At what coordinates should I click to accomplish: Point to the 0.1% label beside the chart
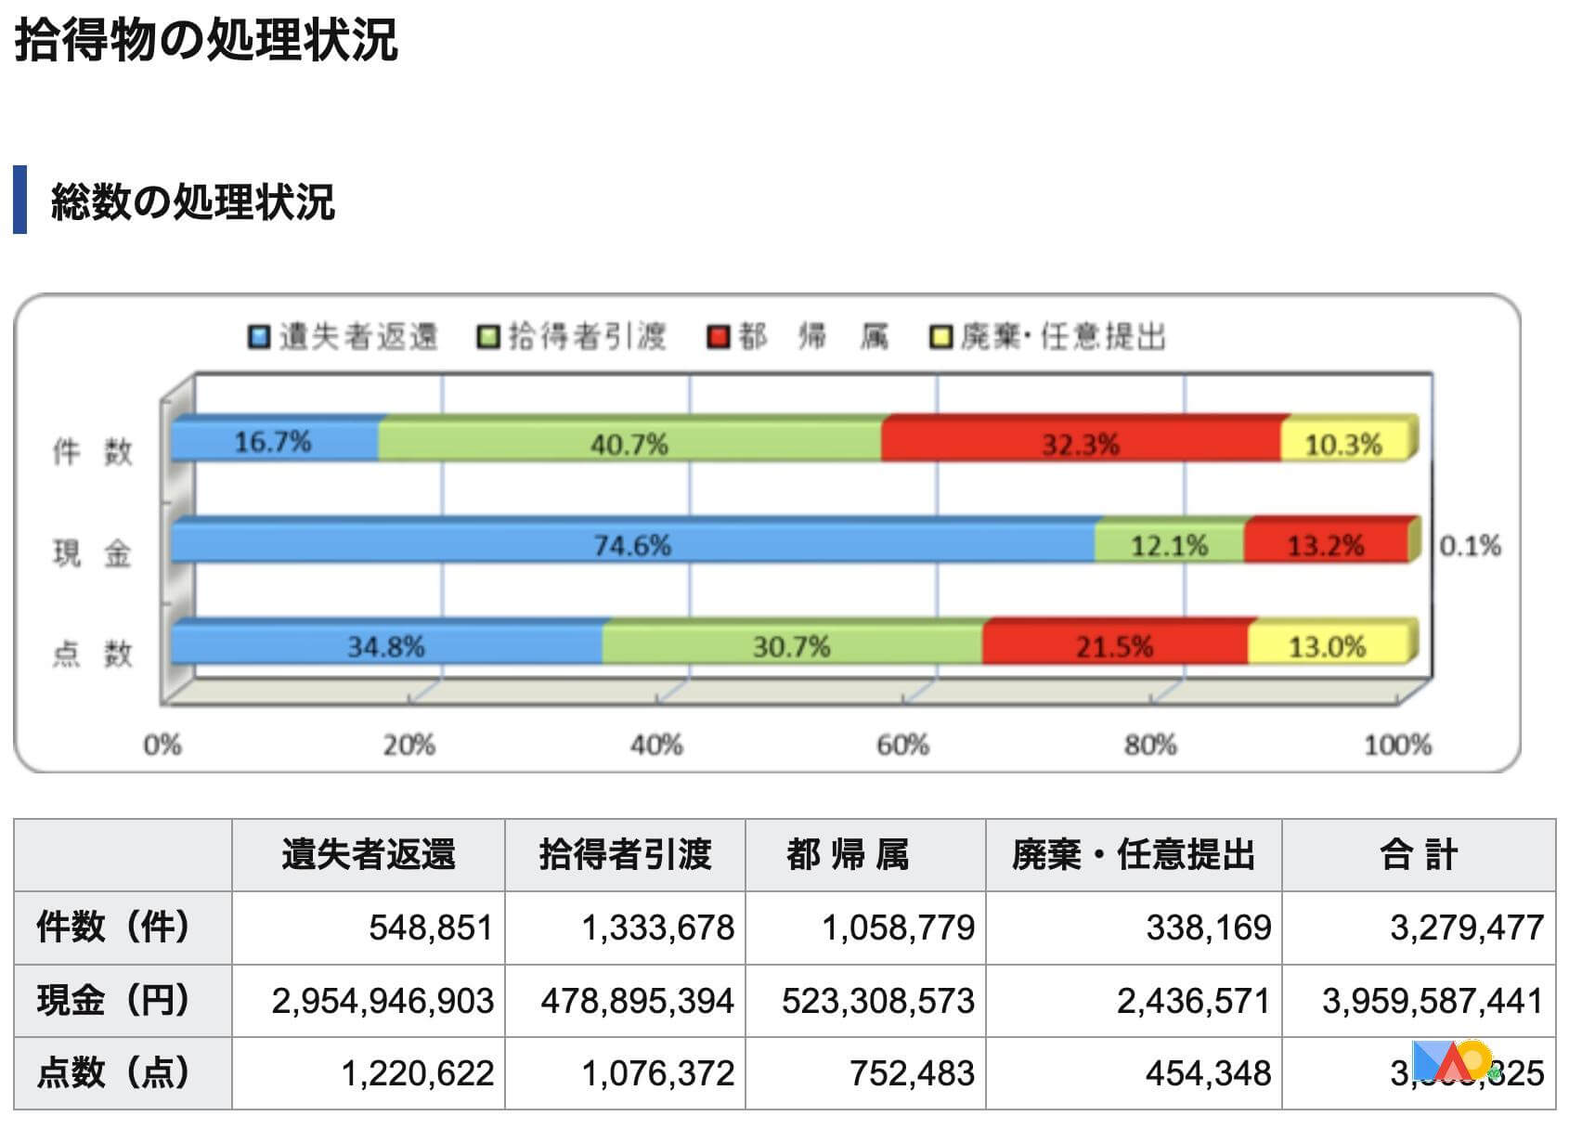click(1470, 545)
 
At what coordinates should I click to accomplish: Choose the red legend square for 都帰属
click(718, 336)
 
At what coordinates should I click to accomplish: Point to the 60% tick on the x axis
click(902, 745)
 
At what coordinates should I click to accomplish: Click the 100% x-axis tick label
click(1397, 745)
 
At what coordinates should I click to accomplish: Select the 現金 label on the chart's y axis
click(92, 553)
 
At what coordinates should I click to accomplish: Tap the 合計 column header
click(1418, 854)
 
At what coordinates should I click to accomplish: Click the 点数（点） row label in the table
click(113, 1072)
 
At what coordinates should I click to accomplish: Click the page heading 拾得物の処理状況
click(206, 40)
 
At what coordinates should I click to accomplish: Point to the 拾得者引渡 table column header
click(625, 854)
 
